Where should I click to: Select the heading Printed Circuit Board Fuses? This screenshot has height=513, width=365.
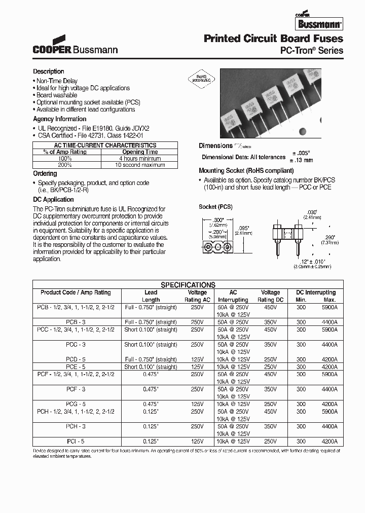point(273,39)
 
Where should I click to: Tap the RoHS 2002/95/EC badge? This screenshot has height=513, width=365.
point(203,79)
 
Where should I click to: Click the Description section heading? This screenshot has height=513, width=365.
point(49,71)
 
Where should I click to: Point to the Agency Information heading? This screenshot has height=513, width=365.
point(60,119)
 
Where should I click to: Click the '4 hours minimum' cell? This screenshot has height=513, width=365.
point(140,158)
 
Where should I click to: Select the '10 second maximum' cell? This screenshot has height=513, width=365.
point(140,165)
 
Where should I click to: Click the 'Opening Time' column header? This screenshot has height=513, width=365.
point(140,152)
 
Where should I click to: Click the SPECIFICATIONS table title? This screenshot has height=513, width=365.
point(188,285)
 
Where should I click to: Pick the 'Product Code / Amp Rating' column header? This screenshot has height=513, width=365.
point(76,292)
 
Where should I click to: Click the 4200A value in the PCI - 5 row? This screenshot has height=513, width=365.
point(329,442)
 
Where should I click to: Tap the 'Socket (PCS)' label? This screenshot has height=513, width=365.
point(215,207)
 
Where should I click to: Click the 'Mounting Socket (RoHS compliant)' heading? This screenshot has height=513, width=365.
point(246,171)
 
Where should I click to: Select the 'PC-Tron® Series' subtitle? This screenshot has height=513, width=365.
point(311,51)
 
